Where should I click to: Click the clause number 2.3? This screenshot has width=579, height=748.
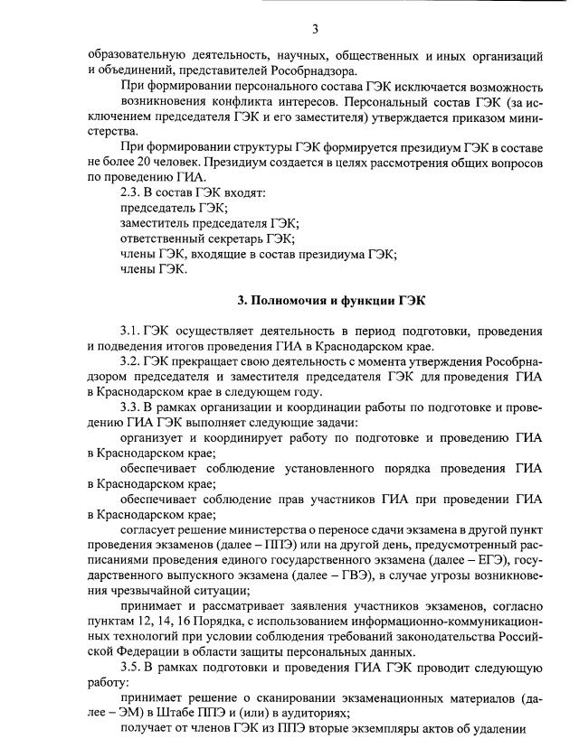point(132,192)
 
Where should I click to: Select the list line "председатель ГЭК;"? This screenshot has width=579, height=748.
point(174,208)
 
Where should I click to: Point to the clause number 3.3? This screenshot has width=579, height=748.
point(132,407)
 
